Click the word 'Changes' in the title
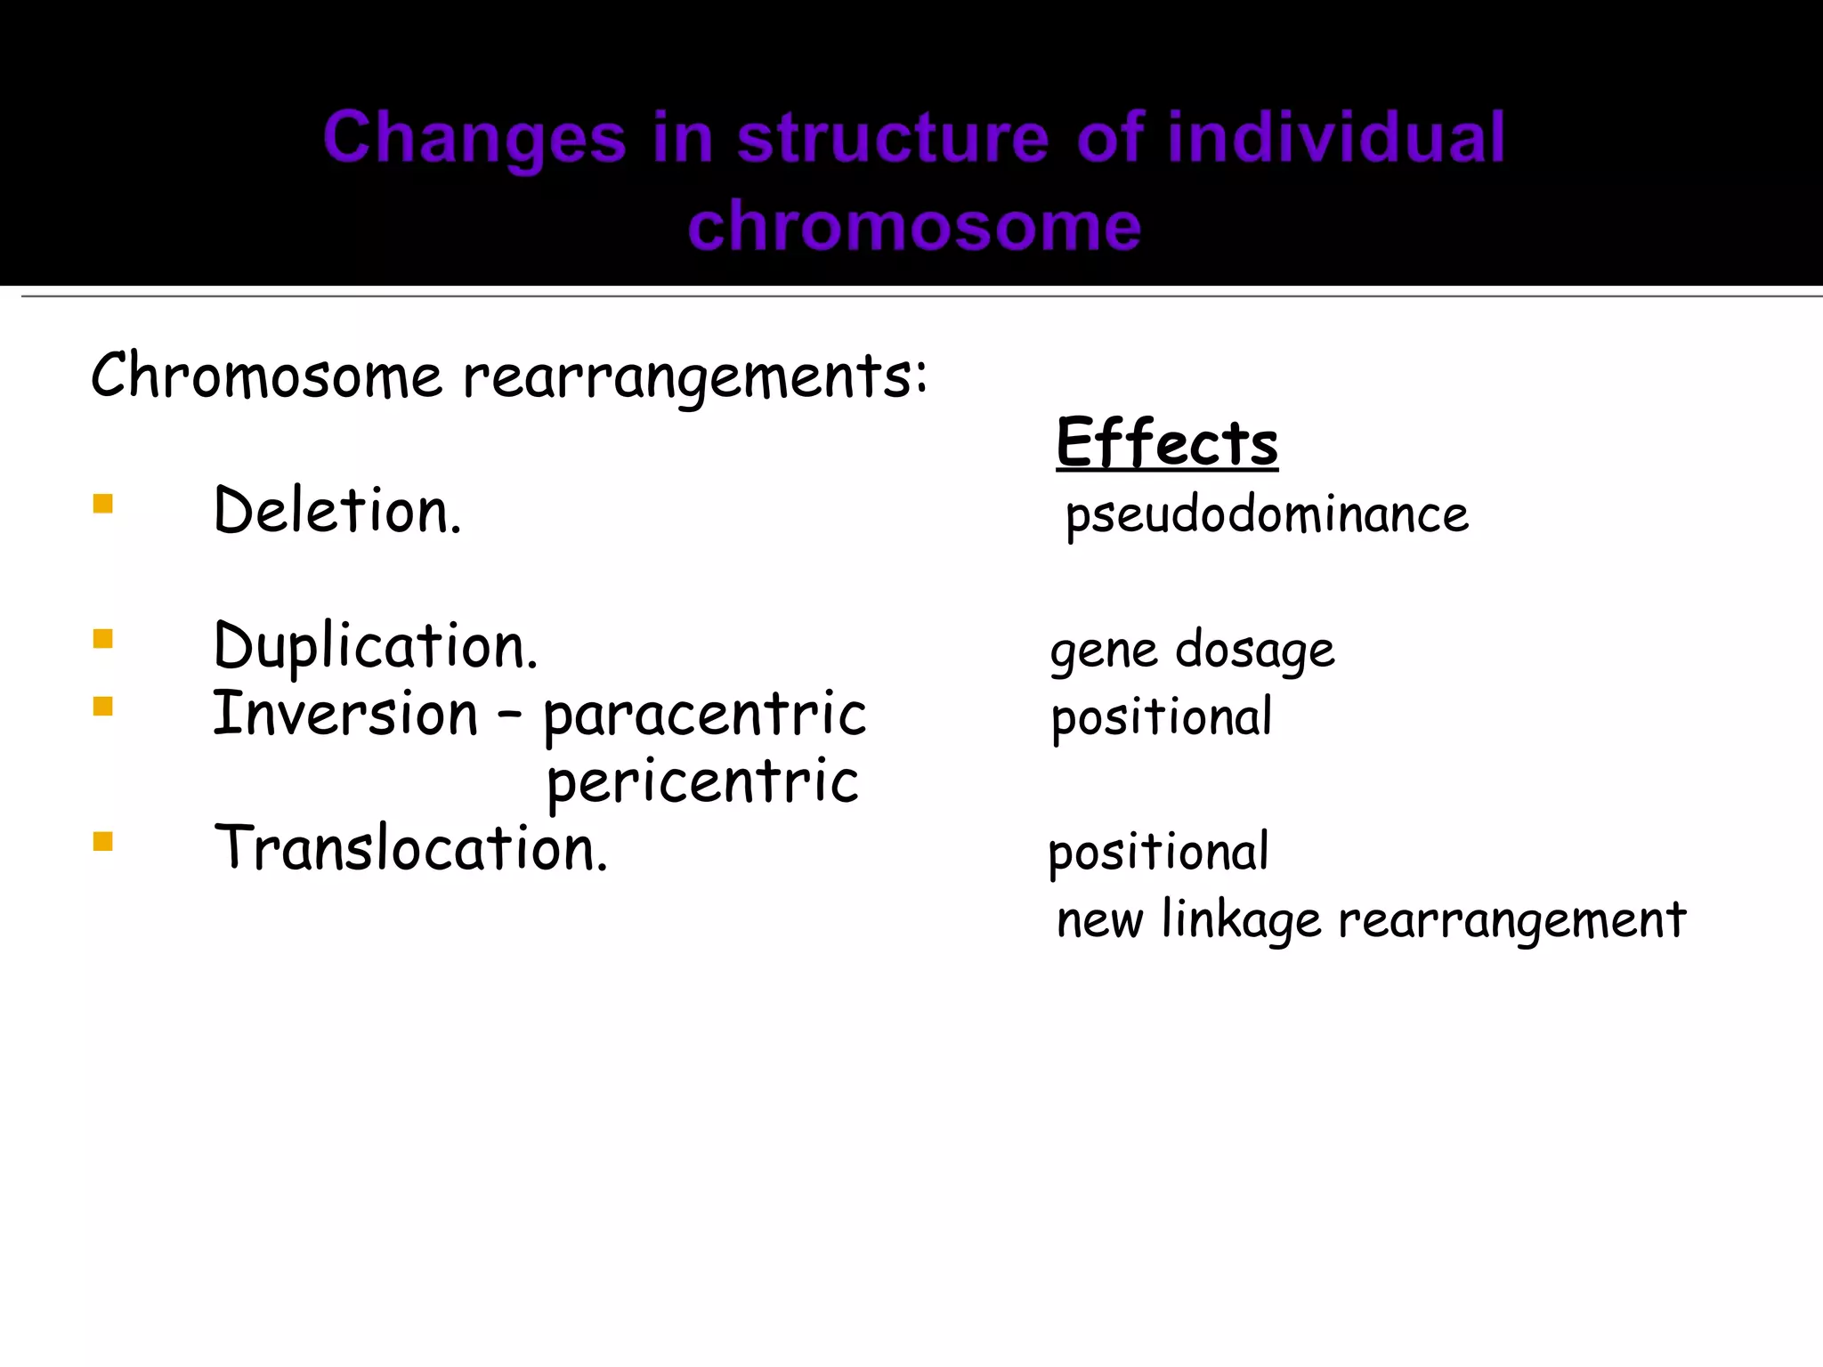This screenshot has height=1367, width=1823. (x=474, y=139)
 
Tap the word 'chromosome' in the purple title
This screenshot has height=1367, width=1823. (x=914, y=226)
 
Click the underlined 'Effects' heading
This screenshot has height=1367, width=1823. (x=1167, y=442)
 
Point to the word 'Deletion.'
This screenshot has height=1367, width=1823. (x=338, y=511)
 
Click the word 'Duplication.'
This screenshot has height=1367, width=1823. (x=376, y=646)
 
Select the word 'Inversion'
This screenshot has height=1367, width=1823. (x=345, y=714)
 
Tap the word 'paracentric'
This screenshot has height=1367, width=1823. (x=705, y=715)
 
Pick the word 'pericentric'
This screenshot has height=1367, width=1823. (x=702, y=782)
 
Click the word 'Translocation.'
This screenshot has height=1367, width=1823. (x=411, y=848)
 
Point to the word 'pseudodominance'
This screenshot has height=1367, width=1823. (x=1267, y=515)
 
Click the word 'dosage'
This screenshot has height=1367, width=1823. (x=1255, y=650)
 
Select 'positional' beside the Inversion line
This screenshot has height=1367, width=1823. (x=1162, y=717)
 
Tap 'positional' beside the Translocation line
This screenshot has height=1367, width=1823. (x=1158, y=852)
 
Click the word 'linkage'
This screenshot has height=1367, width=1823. (x=1242, y=919)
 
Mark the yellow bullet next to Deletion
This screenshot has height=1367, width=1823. (x=102, y=505)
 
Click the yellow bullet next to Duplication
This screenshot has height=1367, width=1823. (x=102, y=639)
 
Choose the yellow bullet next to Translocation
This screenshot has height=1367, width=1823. (x=102, y=841)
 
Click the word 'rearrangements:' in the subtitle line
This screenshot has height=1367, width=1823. (x=695, y=376)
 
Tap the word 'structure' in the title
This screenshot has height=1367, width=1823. (x=893, y=137)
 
